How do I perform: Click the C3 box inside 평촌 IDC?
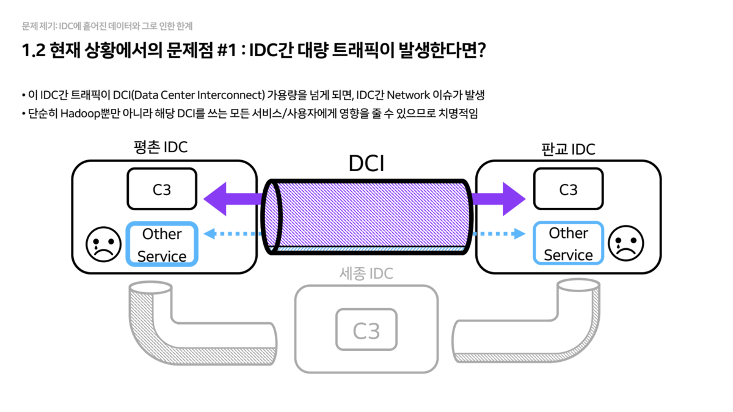162,189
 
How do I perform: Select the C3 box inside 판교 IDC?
568,189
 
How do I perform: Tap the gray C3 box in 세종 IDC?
366,330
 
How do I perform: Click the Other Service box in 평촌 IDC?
162,245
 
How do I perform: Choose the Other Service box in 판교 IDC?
568,244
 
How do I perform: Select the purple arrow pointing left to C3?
232,198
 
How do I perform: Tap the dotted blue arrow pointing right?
499,233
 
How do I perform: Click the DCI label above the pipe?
366,163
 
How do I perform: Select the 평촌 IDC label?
161,147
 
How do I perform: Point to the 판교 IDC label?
568,149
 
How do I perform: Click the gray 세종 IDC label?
366,274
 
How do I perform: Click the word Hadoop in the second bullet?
83,114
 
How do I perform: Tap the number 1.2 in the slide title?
34,51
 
